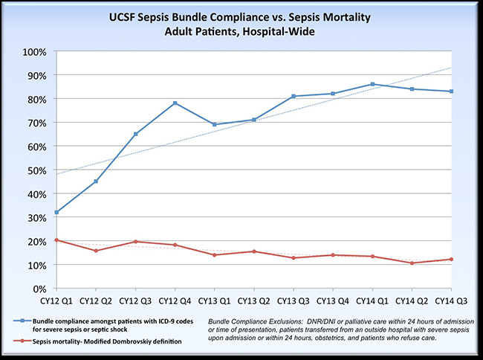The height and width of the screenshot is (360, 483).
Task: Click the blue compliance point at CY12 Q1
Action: tap(56, 212)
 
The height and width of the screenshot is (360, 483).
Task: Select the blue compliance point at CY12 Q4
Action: tap(175, 103)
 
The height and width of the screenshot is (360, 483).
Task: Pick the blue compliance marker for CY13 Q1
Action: tap(215, 124)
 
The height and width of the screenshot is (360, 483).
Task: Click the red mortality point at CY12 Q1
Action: tap(56, 240)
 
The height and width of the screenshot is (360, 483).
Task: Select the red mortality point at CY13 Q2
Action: tap(253, 251)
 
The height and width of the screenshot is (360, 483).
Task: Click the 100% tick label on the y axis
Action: tap(34, 51)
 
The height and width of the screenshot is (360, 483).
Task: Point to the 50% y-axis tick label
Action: tap(36, 170)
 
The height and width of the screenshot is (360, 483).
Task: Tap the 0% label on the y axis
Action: tap(39, 288)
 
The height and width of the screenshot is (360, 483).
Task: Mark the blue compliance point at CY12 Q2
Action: tap(95, 181)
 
